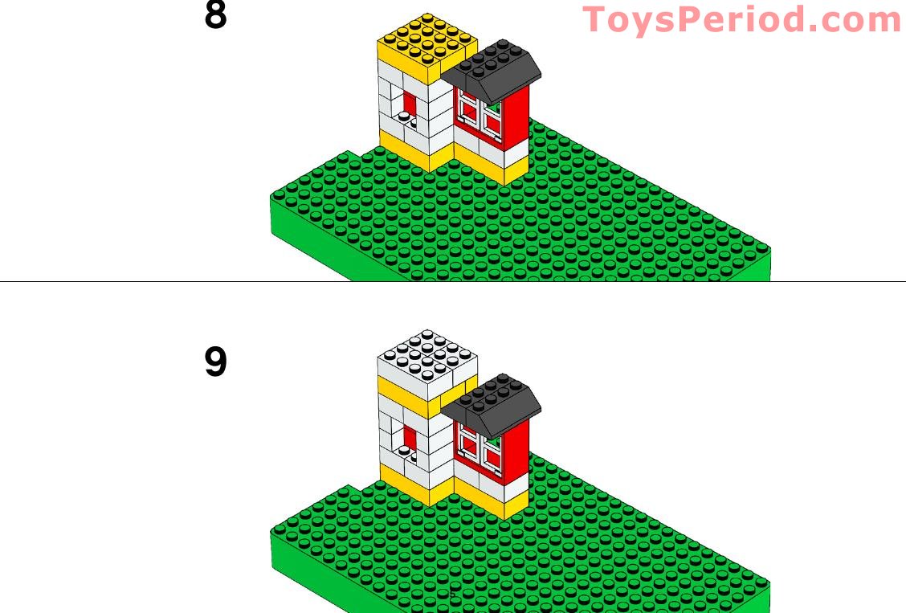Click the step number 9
pos(215,362)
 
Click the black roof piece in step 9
pos(492,407)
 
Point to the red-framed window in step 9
pos(480,448)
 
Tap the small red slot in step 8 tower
pos(410,104)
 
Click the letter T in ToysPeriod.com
pos(595,19)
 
